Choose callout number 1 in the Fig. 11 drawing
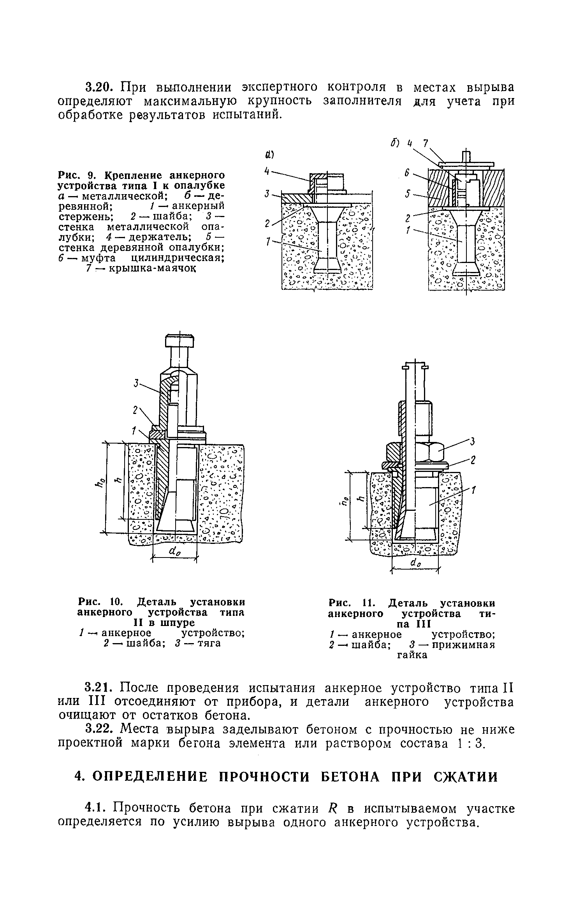click(474, 491)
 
